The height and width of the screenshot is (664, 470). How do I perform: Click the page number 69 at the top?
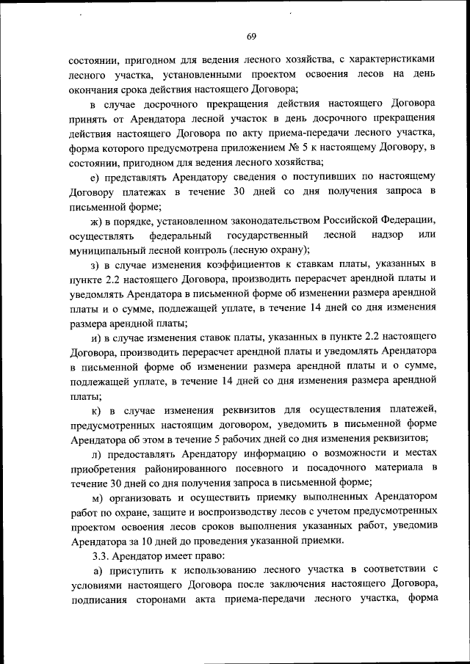(251, 37)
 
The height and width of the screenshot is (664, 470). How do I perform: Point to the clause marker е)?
(94, 178)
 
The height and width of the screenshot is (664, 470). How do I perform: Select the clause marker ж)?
(95, 221)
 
